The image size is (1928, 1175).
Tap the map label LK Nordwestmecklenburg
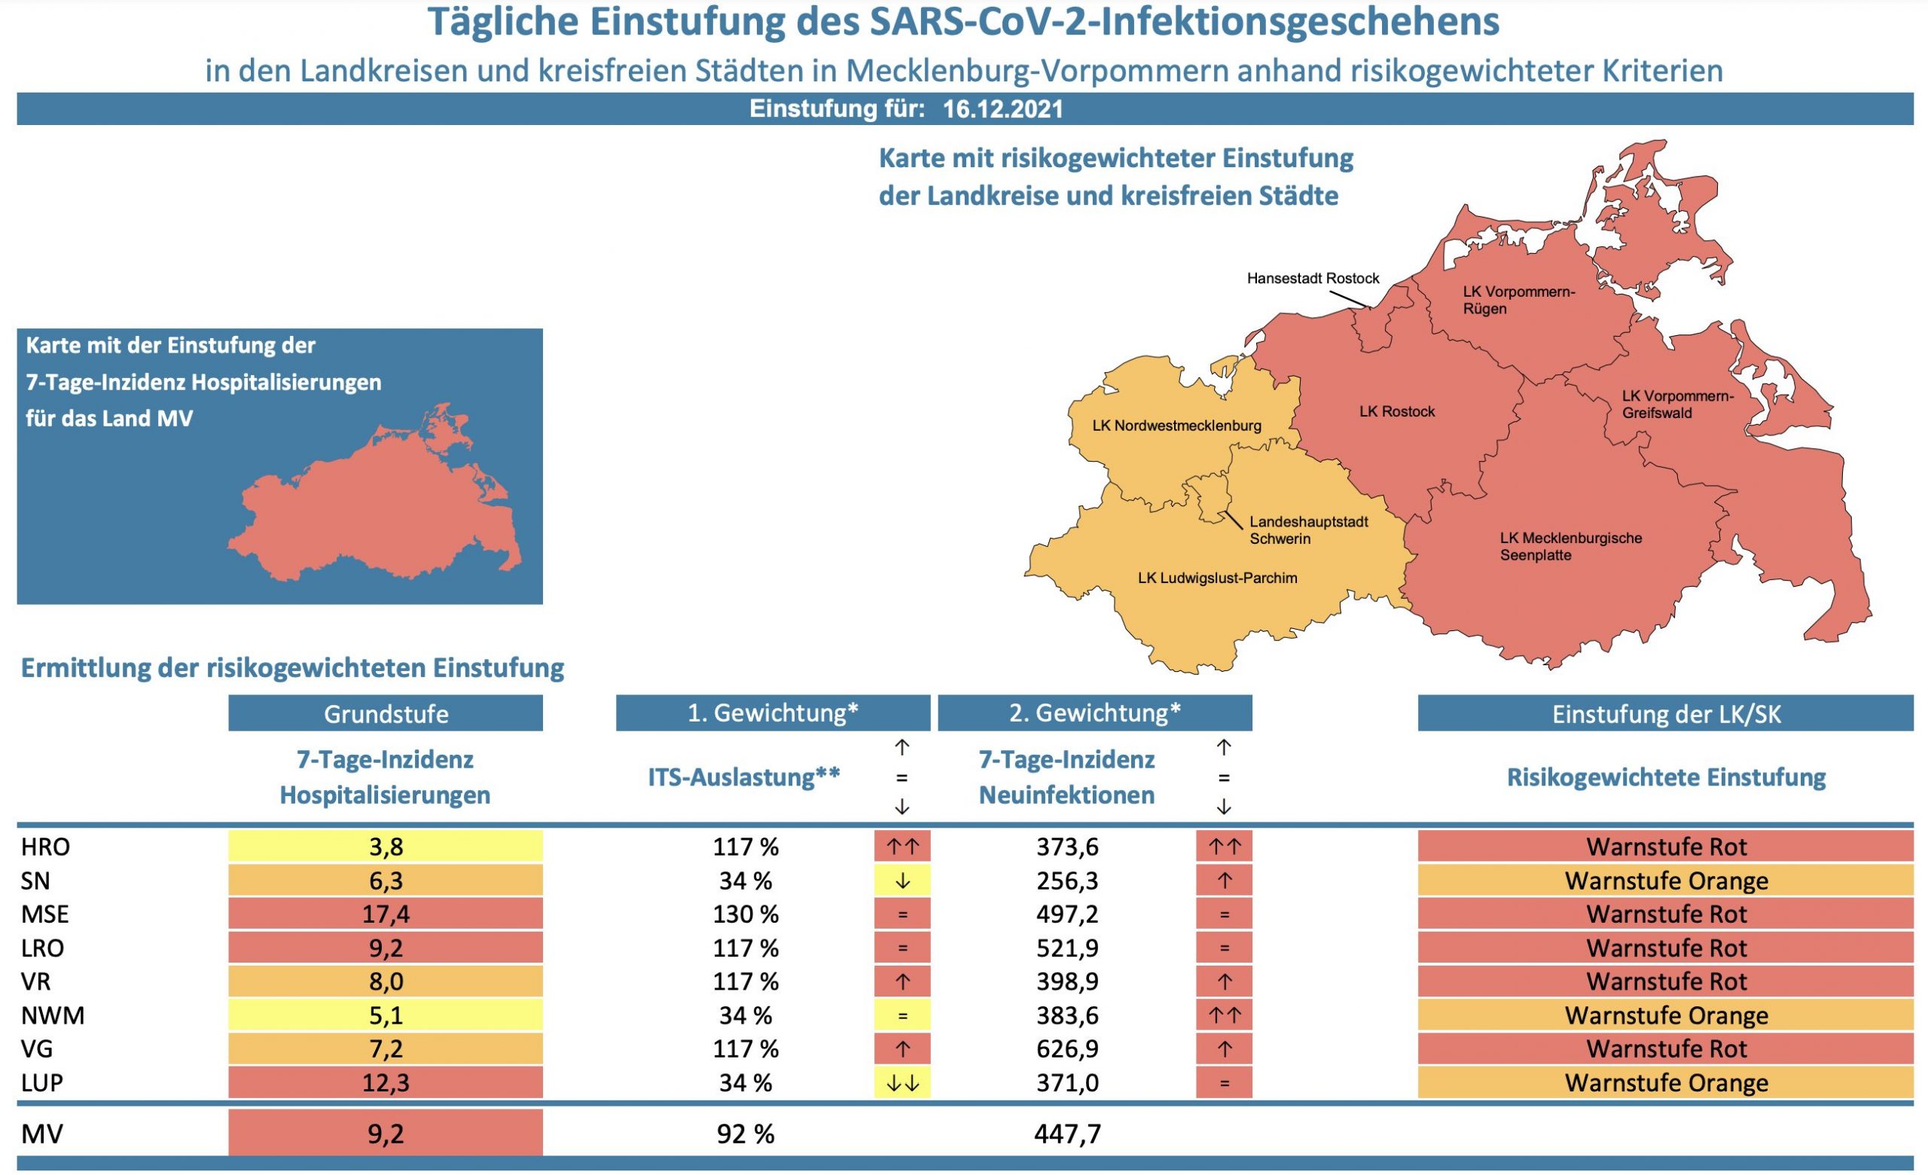coord(1176,426)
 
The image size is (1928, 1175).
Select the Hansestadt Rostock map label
coord(1312,279)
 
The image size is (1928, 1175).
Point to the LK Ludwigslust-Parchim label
coord(1217,578)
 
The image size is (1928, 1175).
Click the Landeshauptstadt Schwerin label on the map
coord(1307,530)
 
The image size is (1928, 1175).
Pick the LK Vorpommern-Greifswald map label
coord(1676,404)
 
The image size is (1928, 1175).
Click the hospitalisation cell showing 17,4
coord(385,914)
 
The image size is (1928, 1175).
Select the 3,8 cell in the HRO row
coord(385,847)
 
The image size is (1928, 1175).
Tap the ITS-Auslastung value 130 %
coord(745,914)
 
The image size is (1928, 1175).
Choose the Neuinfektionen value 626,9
coord(1066,1048)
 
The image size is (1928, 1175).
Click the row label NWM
coord(53,1015)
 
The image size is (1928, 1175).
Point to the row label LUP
coord(42,1082)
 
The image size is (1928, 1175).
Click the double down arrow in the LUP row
coord(901,1083)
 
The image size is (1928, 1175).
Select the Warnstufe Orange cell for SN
coord(1665,880)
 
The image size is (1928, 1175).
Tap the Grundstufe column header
coord(385,713)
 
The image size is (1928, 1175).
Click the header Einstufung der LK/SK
coord(1665,713)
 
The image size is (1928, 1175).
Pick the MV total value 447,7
coord(1066,1134)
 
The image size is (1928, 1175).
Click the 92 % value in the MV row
coord(745,1134)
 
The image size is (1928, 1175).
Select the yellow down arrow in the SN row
coord(901,880)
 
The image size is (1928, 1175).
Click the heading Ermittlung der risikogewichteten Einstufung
coord(292,668)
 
